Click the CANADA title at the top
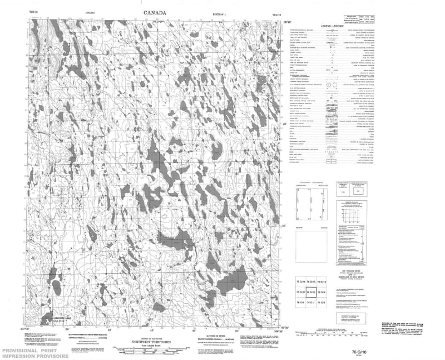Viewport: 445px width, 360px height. pyautogui.click(x=157, y=12)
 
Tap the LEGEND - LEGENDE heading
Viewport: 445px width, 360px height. pyautogui.click(x=333, y=26)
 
